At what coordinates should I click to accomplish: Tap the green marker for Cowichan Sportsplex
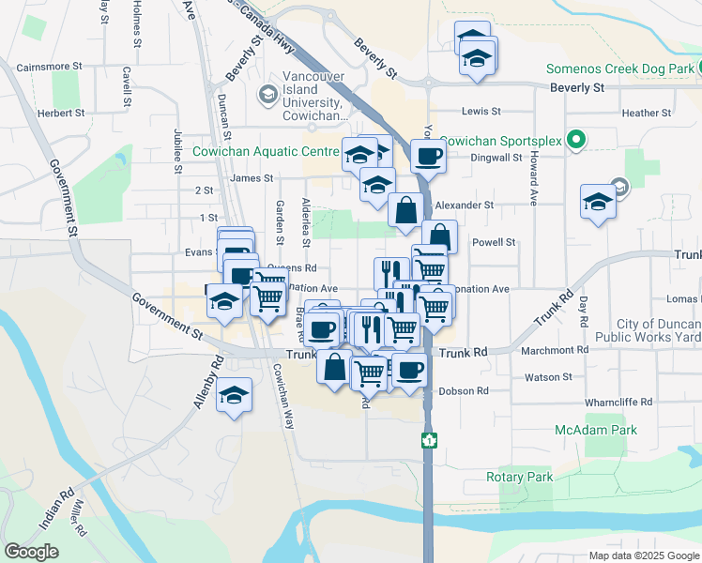tap(576, 141)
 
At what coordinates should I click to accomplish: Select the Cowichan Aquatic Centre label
tap(265, 151)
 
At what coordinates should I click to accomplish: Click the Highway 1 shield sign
tap(429, 439)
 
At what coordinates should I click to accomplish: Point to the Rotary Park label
tap(519, 478)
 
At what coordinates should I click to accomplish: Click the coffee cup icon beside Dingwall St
tap(428, 156)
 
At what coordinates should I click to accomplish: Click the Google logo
tap(31, 552)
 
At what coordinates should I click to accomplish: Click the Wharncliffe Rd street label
tap(617, 402)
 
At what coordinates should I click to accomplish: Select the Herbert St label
tap(60, 113)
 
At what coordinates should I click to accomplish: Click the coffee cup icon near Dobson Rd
tap(408, 371)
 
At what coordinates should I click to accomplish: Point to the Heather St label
tap(647, 113)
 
